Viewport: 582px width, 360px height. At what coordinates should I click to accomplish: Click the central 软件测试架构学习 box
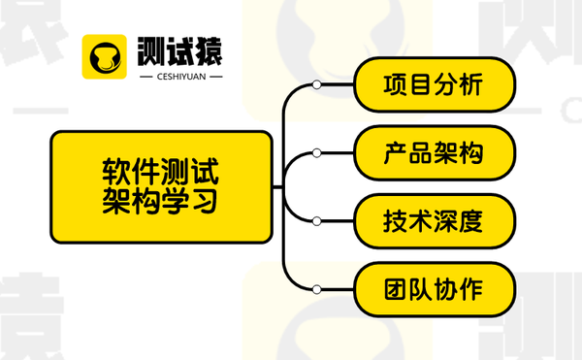click(x=161, y=186)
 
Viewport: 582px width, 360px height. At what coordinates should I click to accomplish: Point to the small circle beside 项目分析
click(x=316, y=85)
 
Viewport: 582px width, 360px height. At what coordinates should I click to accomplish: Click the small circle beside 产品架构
click(x=316, y=153)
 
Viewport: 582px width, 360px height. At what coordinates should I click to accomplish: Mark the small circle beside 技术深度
click(x=316, y=221)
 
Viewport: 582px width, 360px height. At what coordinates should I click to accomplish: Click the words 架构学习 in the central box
click(x=161, y=201)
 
